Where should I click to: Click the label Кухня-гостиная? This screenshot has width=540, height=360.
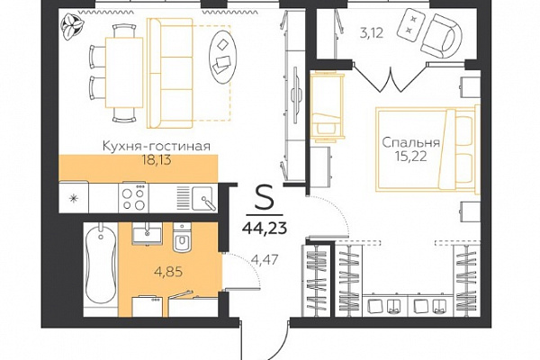click(157, 146)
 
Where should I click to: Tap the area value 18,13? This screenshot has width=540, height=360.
click(157, 160)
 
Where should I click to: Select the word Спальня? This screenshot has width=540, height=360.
click(411, 142)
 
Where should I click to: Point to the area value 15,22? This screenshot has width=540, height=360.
click(411, 157)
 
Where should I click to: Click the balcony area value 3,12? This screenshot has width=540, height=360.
click(371, 34)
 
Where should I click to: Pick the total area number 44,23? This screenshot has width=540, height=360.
click(265, 228)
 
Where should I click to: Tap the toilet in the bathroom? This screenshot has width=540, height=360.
click(182, 238)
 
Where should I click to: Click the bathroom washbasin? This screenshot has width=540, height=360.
click(147, 233)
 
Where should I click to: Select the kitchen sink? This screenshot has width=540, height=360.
click(203, 198)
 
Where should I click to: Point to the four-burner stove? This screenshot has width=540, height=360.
click(133, 197)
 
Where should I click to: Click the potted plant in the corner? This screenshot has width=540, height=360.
click(72, 26)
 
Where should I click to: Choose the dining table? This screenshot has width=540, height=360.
click(124, 72)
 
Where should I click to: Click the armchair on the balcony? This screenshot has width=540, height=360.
click(442, 36)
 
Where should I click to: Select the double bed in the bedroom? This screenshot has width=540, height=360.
click(427, 148)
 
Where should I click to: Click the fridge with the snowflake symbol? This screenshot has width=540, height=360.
click(74, 198)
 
